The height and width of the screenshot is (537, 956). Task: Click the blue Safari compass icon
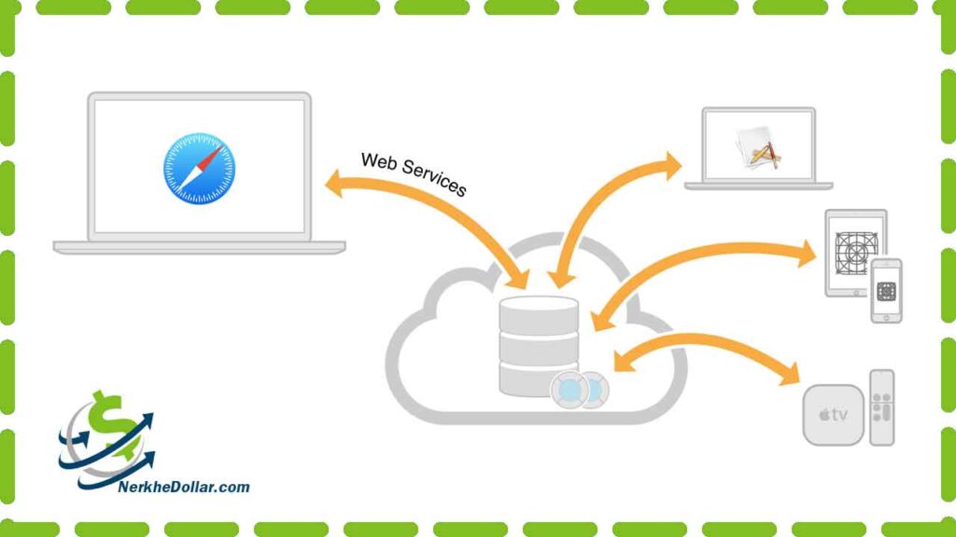[200, 169]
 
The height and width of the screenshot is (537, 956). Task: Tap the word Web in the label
[379, 162]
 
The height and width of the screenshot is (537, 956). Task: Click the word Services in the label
[434, 181]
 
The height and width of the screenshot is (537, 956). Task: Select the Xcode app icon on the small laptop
[758, 148]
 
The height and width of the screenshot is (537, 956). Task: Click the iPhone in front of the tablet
[886, 291]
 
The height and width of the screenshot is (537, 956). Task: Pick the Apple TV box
[833, 415]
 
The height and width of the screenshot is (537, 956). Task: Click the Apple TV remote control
[881, 407]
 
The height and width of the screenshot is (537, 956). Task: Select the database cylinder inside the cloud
[539, 346]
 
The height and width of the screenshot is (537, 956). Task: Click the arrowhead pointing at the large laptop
[335, 184]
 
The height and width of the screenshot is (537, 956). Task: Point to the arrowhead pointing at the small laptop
[671, 166]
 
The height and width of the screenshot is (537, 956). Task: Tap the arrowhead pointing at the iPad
[807, 253]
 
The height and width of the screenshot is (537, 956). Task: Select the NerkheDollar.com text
[184, 487]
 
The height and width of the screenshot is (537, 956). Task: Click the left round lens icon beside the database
[570, 390]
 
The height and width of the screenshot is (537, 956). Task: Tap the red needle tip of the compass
[218, 148]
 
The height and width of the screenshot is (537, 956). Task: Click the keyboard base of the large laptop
[200, 247]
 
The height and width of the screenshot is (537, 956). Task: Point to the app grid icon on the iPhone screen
[886, 291]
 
